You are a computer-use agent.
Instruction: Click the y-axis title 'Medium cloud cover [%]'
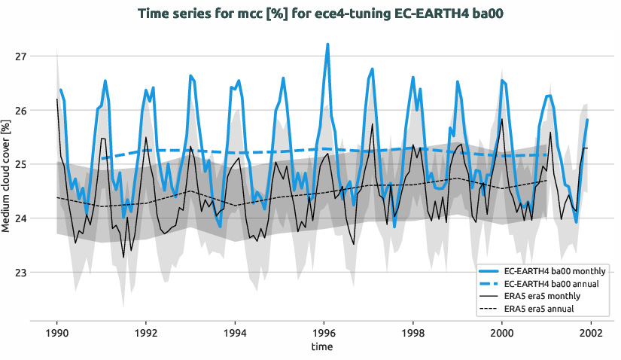[x=7, y=175]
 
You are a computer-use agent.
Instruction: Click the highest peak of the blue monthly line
[x=327, y=44]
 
